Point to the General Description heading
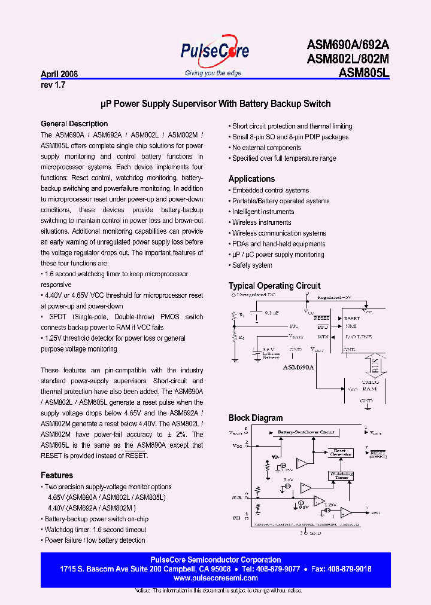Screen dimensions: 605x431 tap(74, 124)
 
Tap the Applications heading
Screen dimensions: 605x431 tap(251, 179)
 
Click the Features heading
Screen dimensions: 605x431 tap(57, 475)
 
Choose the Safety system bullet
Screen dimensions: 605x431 tap(252, 265)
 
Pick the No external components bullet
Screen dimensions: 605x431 tap(266, 148)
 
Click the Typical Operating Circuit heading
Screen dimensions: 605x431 tap(274, 286)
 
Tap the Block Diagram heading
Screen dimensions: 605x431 tap(256, 418)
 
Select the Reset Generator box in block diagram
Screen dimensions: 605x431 tap(339, 453)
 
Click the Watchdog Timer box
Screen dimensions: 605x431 tap(341, 475)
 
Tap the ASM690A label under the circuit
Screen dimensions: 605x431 tap(298, 368)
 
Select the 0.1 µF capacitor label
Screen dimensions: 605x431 tap(272, 313)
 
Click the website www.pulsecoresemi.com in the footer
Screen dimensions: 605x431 tap(215, 578)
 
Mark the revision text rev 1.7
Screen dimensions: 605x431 tap(53, 85)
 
